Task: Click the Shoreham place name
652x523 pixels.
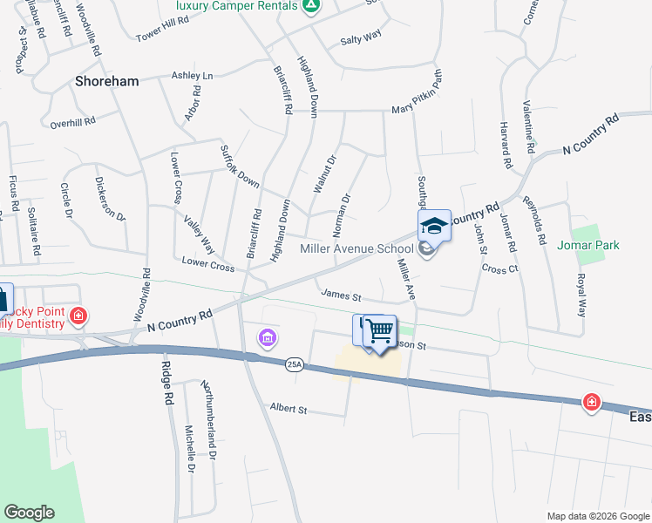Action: [x=107, y=81]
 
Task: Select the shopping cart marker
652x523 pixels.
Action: [x=379, y=331]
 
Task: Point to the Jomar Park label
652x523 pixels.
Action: [x=588, y=245]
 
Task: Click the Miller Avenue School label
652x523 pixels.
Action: [x=357, y=248]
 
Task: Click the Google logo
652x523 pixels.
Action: [x=29, y=513]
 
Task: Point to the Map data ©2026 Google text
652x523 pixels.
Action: [x=597, y=516]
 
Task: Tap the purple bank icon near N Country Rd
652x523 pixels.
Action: [x=267, y=337]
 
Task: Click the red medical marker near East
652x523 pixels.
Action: [x=592, y=402]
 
